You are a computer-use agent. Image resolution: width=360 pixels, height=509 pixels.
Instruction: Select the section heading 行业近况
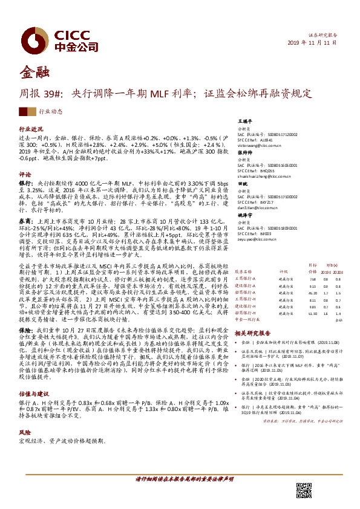(x=31, y=130)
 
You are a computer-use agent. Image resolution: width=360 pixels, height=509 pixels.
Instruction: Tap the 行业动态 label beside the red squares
(x=50, y=112)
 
